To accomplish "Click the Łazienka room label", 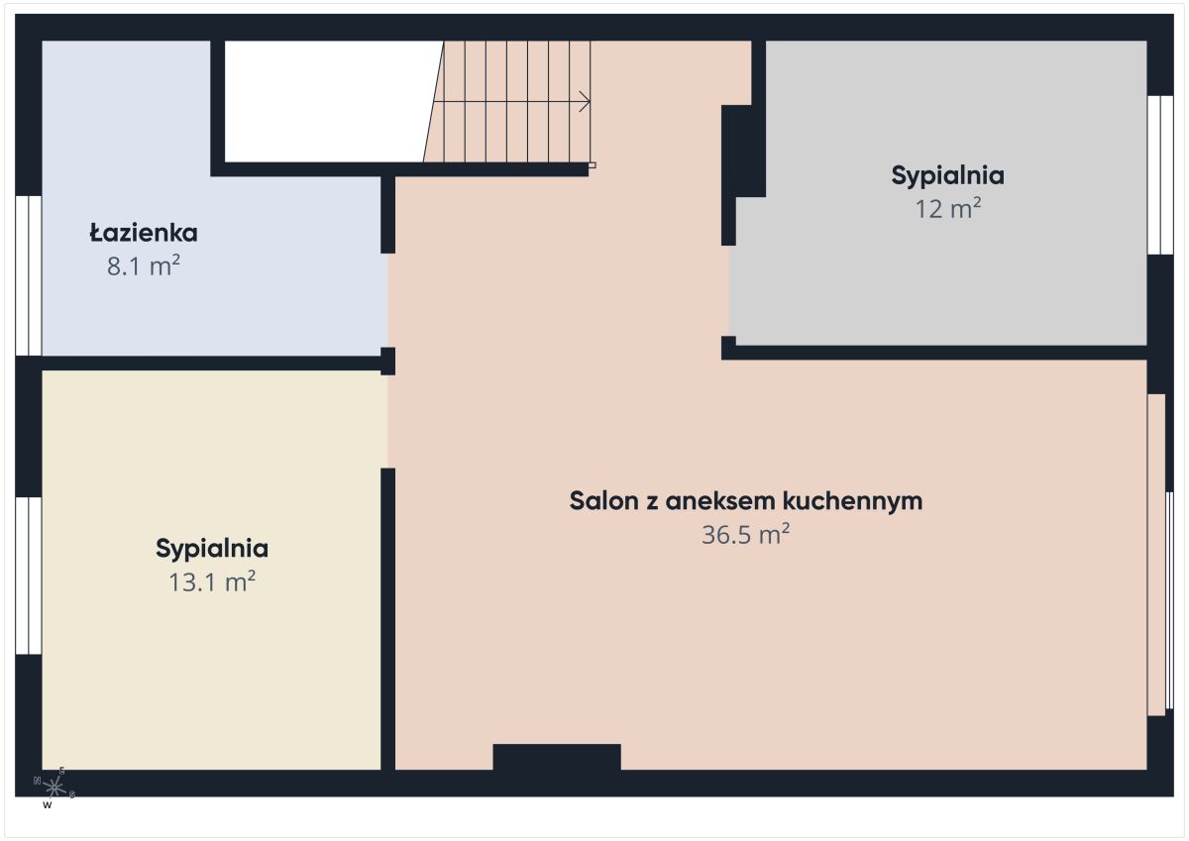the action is point(144,233).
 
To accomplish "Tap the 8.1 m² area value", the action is point(144,265).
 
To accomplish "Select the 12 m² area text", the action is point(947,208).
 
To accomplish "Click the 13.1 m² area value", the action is point(212,581).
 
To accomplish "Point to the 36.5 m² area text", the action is point(745,534).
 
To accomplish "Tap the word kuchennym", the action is point(852,501).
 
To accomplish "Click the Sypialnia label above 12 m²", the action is point(947,176).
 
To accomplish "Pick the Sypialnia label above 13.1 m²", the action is point(212,549).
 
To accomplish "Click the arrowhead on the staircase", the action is point(585,102).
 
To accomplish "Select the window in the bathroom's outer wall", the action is point(28,275).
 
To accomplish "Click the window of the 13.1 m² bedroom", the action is point(28,576).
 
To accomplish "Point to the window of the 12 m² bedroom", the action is point(1160,175).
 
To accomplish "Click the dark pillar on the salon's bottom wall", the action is point(557,757).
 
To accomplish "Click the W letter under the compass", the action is point(48,805).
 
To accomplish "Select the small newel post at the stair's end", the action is point(592,165).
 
